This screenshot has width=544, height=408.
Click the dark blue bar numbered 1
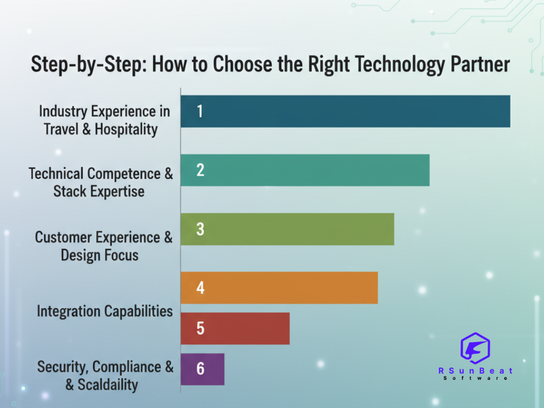345,112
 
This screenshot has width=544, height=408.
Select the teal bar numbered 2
305,171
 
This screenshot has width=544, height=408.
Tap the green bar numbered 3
287,229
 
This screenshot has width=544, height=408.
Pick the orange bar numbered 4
279,287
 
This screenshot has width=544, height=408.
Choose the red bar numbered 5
235,328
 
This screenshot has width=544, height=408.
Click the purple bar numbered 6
202,369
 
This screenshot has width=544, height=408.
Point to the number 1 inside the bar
200,112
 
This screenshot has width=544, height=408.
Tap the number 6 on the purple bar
200,369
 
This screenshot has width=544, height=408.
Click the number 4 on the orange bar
200,287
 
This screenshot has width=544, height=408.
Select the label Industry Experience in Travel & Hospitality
104,120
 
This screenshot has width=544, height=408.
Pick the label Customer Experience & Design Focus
104,246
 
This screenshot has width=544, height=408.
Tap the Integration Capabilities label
105,311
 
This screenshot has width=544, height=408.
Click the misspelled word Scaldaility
108,385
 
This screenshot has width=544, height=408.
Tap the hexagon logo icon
475,348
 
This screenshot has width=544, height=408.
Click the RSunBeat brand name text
475,371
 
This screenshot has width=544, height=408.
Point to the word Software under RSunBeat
475,378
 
